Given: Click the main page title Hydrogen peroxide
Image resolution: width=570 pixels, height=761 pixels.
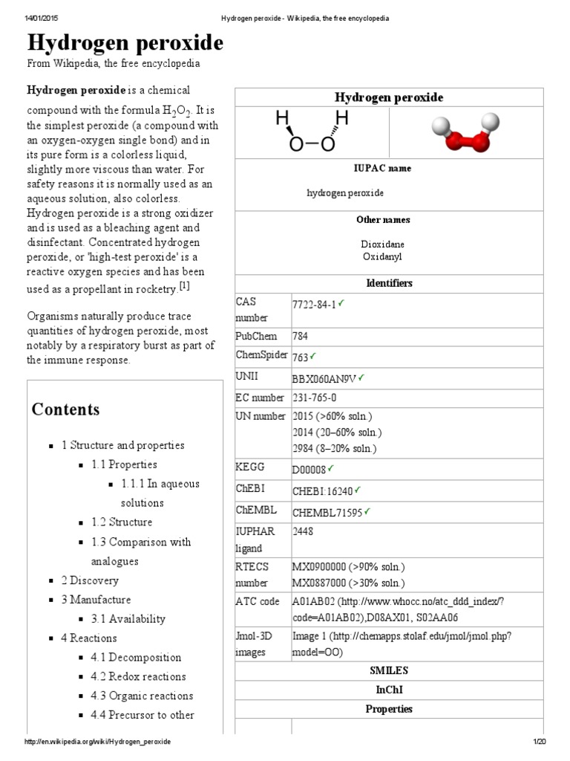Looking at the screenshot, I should click(125, 44).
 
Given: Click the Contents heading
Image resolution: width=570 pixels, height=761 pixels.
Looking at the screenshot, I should click(65, 409).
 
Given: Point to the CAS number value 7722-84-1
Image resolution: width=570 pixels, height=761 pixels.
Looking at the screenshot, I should click(315, 304).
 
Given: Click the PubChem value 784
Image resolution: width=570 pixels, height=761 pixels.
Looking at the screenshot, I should click(301, 336).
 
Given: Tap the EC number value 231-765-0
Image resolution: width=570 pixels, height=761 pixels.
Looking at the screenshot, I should click(315, 398).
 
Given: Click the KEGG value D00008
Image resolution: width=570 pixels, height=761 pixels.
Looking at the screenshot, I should click(309, 470).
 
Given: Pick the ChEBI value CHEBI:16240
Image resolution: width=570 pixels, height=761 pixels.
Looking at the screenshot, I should click(323, 490).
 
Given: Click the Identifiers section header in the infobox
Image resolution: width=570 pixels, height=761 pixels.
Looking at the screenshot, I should click(389, 283).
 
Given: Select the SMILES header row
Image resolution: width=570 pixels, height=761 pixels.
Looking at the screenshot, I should click(389, 670).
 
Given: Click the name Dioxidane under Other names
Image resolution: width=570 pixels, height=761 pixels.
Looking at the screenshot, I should click(382, 244).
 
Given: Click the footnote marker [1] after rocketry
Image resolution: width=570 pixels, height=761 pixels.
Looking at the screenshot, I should click(185, 286).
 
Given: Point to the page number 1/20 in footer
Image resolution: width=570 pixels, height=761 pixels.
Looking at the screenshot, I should click(539, 742).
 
